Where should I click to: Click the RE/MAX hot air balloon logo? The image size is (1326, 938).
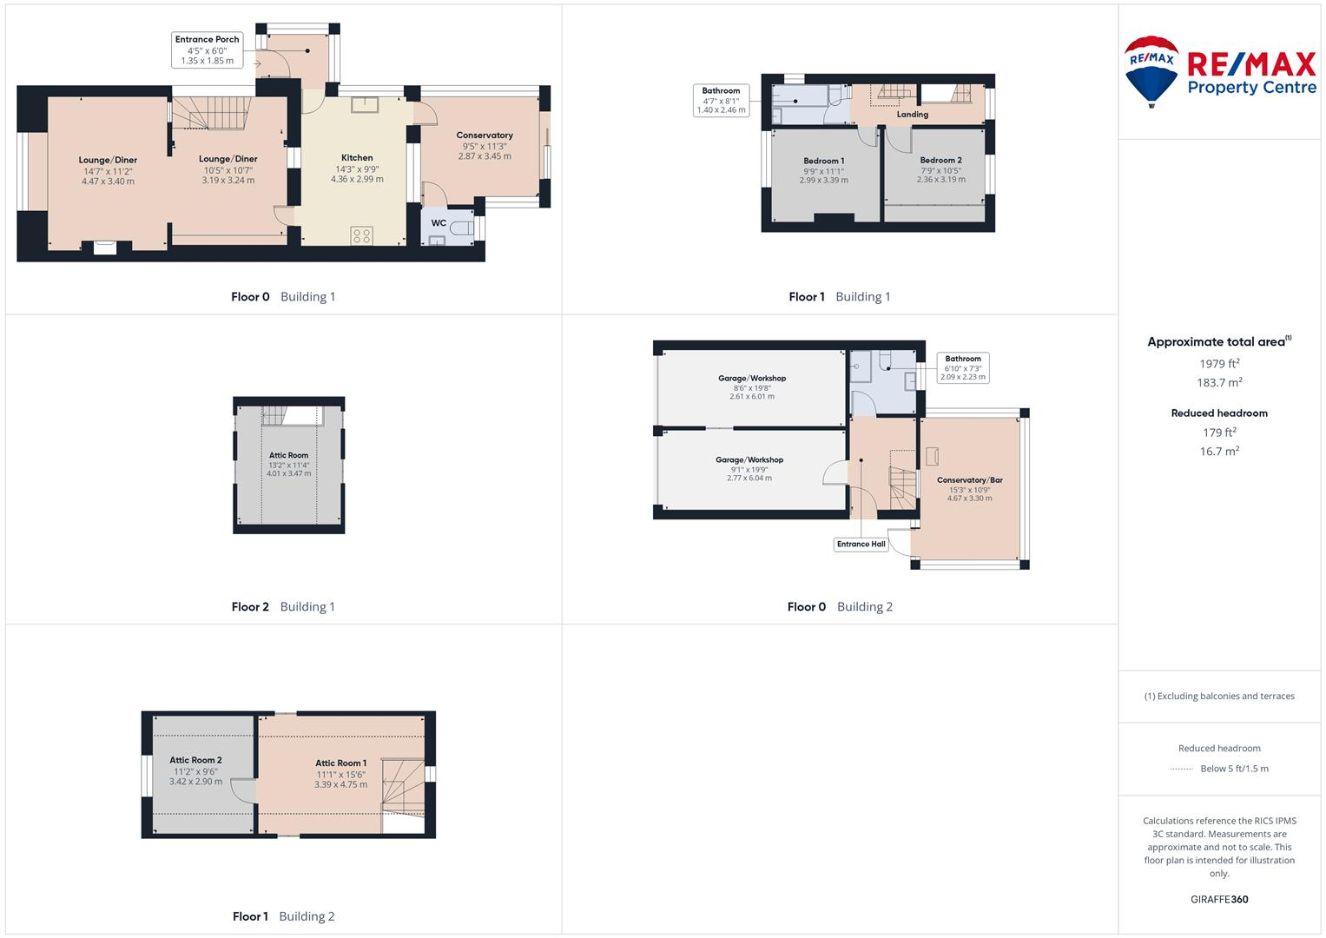(x=1151, y=71)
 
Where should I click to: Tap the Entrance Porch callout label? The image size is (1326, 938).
(x=207, y=50)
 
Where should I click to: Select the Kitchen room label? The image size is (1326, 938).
(x=357, y=158)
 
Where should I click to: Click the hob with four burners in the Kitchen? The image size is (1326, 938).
(x=361, y=235)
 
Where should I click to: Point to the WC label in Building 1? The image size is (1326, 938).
(x=439, y=223)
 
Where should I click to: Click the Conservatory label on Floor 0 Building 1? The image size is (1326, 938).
(x=485, y=135)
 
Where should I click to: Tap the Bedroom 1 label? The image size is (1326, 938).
(x=823, y=161)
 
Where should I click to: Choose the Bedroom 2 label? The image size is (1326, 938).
(x=940, y=160)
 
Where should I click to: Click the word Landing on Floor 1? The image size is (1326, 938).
(x=912, y=115)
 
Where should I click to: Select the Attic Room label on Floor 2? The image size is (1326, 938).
(x=288, y=455)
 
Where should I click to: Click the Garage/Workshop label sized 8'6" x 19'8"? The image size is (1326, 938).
(x=751, y=379)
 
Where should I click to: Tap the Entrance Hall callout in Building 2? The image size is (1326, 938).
(x=861, y=545)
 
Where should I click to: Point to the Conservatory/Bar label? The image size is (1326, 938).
(x=969, y=480)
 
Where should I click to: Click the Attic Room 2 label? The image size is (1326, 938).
(x=195, y=760)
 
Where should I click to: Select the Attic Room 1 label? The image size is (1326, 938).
(x=340, y=763)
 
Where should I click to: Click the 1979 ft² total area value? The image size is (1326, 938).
(x=1219, y=364)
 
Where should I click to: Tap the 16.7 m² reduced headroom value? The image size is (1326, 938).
(x=1219, y=452)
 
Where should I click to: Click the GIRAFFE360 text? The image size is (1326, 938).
(x=1219, y=900)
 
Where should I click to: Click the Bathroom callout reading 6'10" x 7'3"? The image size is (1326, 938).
(x=962, y=368)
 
